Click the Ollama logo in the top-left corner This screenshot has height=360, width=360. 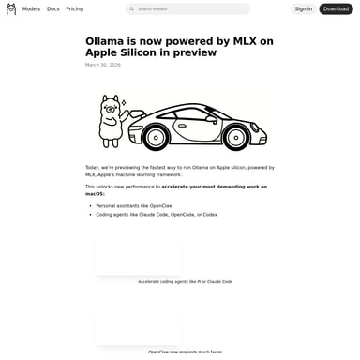click(x=11, y=9)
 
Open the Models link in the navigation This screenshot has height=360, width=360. click(x=31, y=9)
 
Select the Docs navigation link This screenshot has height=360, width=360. click(x=53, y=9)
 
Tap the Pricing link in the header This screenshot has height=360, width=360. click(x=74, y=9)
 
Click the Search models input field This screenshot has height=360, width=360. click(x=192, y=9)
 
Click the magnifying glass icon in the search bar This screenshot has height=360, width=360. click(x=132, y=9)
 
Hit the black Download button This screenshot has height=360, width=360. click(x=336, y=9)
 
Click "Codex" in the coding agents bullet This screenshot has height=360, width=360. click(x=209, y=214)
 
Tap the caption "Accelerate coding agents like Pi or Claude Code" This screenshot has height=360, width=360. click(x=185, y=281)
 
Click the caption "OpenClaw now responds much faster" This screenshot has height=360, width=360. click(x=185, y=352)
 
